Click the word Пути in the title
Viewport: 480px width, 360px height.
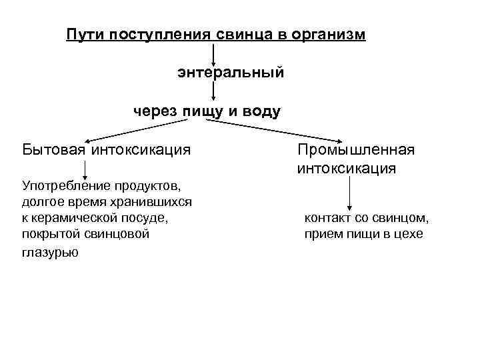coord(83,34)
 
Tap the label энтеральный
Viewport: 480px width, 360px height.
coord(231,71)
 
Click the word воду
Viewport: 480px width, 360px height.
coord(261,111)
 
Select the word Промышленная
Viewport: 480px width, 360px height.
coord(356,149)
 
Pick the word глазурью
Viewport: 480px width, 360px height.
coord(50,252)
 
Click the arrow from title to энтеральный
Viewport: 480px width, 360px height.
coord(213,53)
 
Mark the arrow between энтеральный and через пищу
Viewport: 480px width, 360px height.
coord(213,91)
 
